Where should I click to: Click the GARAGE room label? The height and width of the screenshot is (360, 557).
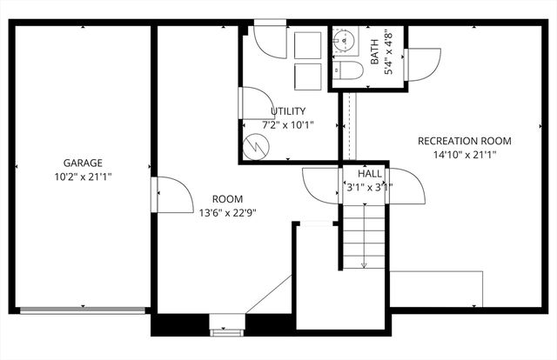coord(83,163)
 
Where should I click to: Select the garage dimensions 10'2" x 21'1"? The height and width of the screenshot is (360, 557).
coord(83,177)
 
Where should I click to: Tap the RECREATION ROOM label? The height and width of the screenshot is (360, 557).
coord(464,141)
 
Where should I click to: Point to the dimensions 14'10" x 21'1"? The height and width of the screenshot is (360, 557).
coord(464,155)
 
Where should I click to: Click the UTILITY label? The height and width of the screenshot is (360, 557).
coord(287,111)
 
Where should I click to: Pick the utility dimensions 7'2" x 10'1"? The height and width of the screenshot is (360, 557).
coord(287,125)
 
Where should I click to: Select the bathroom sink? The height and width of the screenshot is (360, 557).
coord(346,41)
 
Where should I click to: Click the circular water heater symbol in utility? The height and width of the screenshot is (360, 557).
coord(256,148)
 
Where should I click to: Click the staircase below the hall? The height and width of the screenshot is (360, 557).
coord(363,235)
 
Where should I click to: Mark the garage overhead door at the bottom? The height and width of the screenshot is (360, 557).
coord(83,309)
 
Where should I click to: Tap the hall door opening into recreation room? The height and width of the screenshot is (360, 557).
coord(406,184)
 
